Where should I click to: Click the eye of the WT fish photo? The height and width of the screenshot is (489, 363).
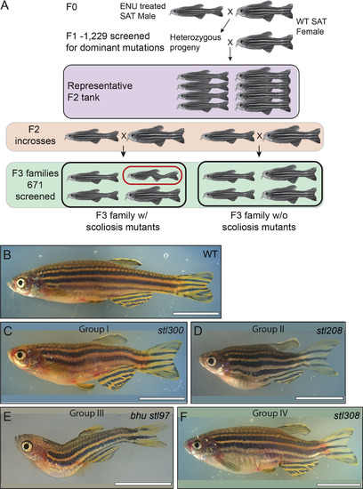(21, 283)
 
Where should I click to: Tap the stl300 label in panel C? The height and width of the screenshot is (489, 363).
(171, 330)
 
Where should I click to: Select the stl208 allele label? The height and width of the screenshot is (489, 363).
(329, 330)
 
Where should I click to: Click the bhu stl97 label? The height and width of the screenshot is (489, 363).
(150, 415)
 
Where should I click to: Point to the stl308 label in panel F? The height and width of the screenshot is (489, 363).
(346, 415)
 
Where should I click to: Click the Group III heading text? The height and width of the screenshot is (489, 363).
(87, 413)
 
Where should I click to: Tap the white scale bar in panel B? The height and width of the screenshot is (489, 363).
(196, 312)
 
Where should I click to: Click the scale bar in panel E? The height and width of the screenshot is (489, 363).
(143, 484)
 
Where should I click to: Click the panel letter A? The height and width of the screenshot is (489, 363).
(6, 5)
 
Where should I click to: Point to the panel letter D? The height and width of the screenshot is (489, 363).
(198, 331)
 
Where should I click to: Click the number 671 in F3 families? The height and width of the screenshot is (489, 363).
(35, 185)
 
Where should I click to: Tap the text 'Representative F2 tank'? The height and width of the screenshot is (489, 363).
(100, 92)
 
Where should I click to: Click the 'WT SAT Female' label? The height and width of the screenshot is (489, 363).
(311, 27)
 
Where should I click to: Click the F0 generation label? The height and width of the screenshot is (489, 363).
(72, 6)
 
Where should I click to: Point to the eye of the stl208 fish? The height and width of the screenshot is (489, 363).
(212, 361)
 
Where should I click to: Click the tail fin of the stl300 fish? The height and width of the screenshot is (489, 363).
(164, 359)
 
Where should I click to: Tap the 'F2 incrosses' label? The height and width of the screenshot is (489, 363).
(35, 135)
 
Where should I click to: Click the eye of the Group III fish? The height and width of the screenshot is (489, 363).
(27, 446)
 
